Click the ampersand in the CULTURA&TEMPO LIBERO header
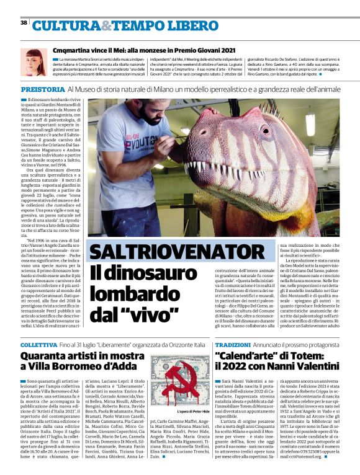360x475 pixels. tap(105, 25)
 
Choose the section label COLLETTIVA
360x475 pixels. tap(40, 344)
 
